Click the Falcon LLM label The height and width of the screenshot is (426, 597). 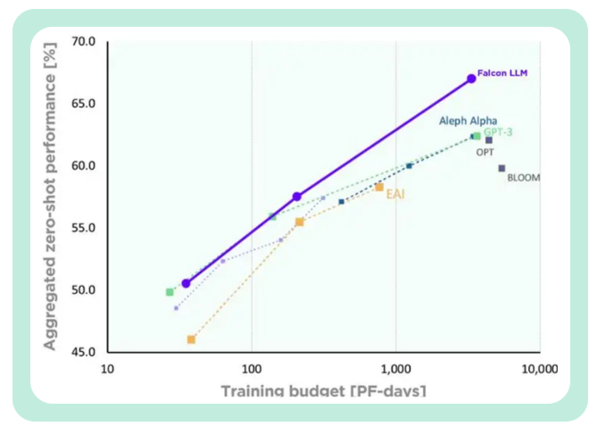[x=502, y=73]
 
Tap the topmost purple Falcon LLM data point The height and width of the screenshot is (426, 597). [x=471, y=79]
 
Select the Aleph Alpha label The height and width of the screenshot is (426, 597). [x=468, y=121]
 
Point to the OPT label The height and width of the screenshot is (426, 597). [x=485, y=152]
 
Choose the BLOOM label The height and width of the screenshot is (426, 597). [x=523, y=178]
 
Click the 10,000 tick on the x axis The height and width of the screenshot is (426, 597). [x=538, y=368]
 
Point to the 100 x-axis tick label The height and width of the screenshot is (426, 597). [x=251, y=368]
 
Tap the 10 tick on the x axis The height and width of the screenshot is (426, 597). [x=108, y=368]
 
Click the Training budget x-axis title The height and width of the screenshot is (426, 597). [x=323, y=390]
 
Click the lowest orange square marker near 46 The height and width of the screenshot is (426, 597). [x=191, y=339]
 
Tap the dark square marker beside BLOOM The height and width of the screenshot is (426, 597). [x=502, y=168]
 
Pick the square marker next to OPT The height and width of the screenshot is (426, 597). [x=489, y=140]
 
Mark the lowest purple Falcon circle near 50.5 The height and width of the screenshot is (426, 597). [x=186, y=283]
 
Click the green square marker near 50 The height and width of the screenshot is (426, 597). [x=170, y=292]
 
